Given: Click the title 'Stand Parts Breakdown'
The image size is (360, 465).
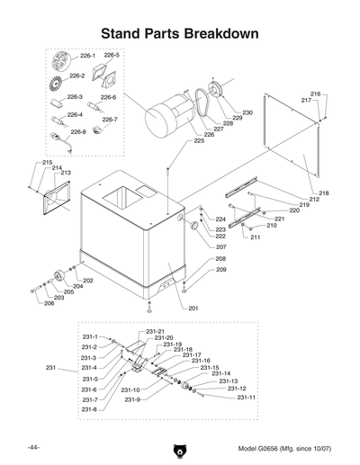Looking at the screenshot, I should point(180,33).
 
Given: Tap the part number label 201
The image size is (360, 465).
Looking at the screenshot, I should point(193,309).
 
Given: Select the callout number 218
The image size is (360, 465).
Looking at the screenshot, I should point(323,193).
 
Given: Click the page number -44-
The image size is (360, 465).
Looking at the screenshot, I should point(33,448).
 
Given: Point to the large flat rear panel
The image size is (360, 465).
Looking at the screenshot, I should point(292,136).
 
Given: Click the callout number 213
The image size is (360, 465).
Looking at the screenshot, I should point(66,173).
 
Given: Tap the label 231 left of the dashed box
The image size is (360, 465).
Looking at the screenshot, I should point(51,368).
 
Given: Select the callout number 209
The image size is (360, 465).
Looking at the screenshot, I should point(220,270).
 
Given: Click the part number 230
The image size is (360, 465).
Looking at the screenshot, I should point(247,112).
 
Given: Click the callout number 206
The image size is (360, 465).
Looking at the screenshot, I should point(48,303).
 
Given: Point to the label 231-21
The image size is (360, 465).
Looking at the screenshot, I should point(155,332).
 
